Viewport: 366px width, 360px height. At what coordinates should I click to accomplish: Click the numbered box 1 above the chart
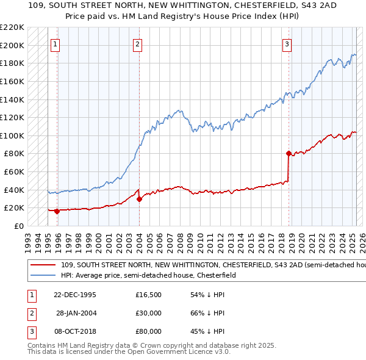[56, 43]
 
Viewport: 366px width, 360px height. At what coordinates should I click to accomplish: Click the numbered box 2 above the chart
[138, 43]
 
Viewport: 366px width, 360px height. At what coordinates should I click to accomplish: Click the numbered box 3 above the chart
[287, 43]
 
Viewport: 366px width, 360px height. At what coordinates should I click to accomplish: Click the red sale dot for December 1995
[57, 211]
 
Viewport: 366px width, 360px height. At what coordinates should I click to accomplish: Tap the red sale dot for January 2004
[139, 199]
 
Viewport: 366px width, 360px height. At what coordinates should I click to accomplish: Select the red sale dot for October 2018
[289, 154]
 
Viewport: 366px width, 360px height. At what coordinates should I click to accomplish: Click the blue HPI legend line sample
[43, 275]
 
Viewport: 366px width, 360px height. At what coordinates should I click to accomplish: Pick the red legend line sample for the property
[43, 265]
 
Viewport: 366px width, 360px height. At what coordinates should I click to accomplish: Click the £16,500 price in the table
[148, 294]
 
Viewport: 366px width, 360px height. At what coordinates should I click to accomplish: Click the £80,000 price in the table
[148, 332]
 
